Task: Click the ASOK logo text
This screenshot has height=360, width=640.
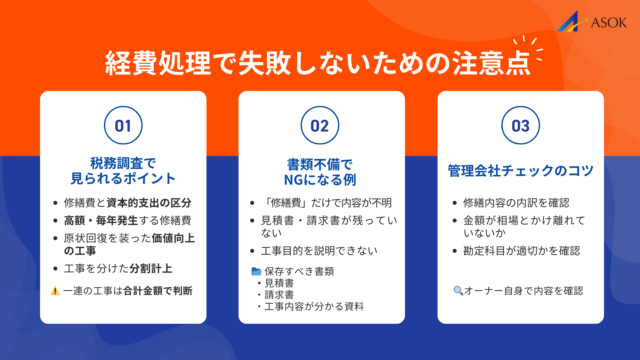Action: [608, 23]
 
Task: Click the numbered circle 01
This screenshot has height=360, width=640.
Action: [123, 125]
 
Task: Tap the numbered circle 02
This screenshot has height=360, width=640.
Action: [320, 125]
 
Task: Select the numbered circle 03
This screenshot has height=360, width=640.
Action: [520, 125]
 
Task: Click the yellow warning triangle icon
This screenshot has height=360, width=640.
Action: [55, 291]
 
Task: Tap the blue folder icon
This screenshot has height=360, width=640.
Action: [256, 271]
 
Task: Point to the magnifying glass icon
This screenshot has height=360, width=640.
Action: [458, 291]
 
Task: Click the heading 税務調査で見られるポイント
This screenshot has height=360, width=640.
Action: [123, 171]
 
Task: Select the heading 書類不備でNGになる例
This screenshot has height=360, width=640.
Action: [320, 172]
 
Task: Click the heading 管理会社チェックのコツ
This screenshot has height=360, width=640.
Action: [520, 171]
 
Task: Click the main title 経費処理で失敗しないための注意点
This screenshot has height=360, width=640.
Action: [318, 63]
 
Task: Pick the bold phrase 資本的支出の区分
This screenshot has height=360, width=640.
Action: [149, 203]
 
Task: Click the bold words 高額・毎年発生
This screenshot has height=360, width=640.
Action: [101, 220]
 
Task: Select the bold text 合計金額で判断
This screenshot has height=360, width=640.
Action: [158, 291]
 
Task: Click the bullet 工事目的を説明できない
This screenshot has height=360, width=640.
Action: [319, 251]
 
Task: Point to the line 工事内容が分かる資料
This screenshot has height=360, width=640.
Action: [314, 306]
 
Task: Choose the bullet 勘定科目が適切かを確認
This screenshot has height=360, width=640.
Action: [521, 251]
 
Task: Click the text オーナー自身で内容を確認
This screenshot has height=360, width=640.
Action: [523, 291]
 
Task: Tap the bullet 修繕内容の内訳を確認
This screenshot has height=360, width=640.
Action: [516, 203]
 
